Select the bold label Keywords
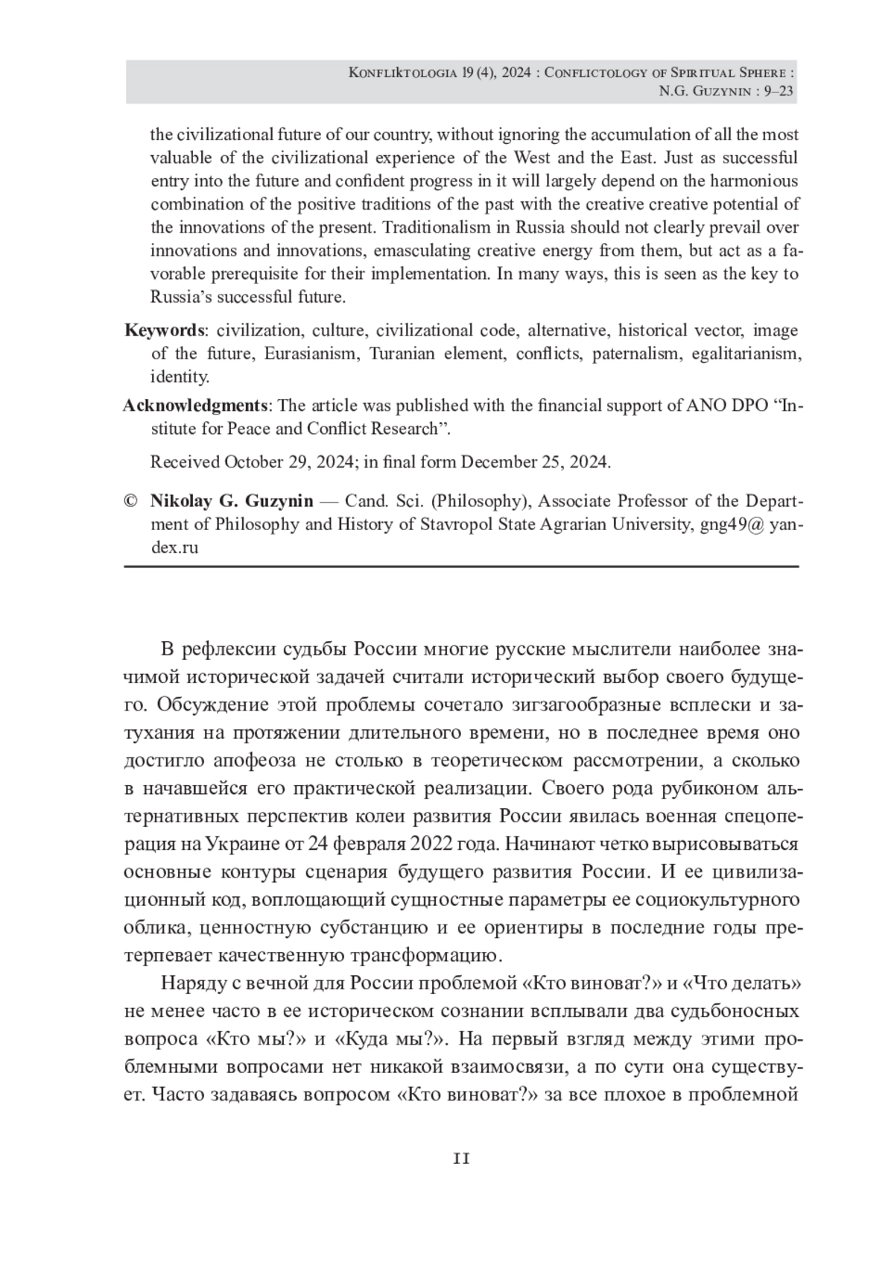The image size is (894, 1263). (x=165, y=330)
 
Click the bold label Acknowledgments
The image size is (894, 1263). (x=195, y=406)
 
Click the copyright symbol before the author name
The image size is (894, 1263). (x=131, y=501)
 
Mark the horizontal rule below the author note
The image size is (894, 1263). (x=461, y=567)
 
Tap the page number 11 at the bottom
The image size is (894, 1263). (x=462, y=1158)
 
